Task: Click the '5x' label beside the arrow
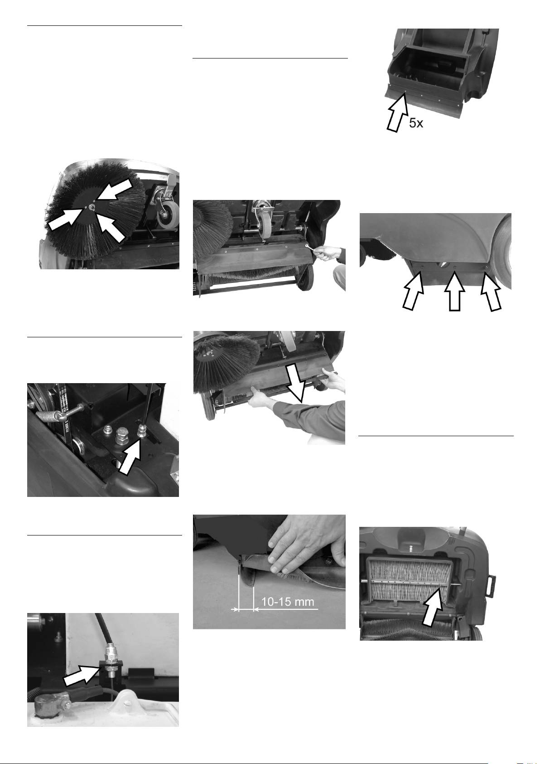point(416,123)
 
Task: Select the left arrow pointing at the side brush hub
point(65,219)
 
